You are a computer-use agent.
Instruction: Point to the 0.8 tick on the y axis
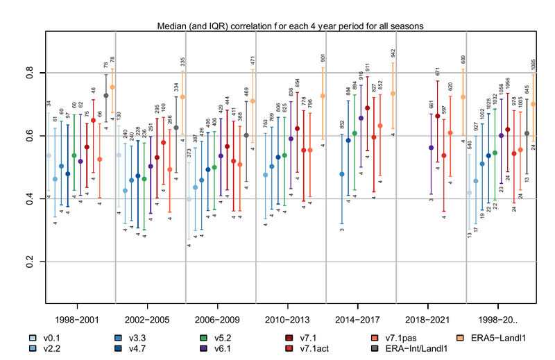pyautogui.click(x=31, y=73)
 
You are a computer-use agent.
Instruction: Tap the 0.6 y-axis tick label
pyautogui.click(x=31, y=137)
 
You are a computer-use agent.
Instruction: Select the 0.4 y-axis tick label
pyautogui.click(x=31, y=200)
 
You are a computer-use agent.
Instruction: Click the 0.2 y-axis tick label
pyautogui.click(x=31, y=263)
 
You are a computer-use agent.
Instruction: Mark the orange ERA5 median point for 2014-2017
pyautogui.click(x=393, y=93)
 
